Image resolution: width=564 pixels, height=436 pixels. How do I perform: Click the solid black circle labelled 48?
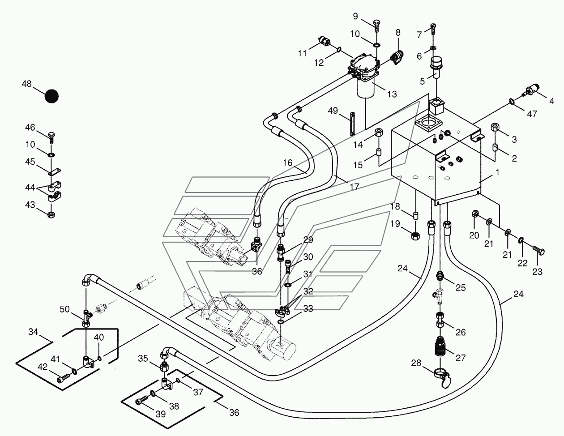pos(51,96)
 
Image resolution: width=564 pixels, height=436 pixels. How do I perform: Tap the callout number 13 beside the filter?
pos(392,94)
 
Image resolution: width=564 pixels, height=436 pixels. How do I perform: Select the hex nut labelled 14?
pos(379,132)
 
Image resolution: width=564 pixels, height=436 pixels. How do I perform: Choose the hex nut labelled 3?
pos(495,127)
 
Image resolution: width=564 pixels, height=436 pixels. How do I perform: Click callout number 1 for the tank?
pos(497,172)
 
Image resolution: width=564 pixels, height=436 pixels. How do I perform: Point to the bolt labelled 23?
pos(539,251)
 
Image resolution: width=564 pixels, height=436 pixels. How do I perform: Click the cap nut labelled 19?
pos(415,236)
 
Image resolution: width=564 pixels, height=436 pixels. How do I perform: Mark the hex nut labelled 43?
pos(51,214)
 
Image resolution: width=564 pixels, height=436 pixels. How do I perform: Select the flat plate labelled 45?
pos(55,172)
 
